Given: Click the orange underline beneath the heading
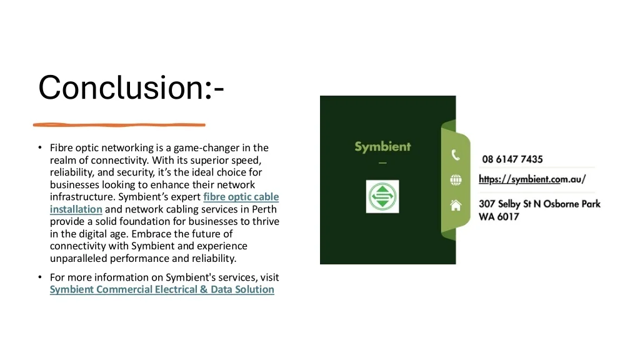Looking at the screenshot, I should (x=119, y=124).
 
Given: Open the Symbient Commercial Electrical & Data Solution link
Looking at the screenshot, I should (x=162, y=289).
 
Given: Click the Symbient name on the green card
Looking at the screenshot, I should (x=382, y=147).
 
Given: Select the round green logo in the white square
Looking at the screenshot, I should (x=382, y=197).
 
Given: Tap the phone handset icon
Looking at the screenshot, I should (x=456, y=155).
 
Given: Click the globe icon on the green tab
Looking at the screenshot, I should (x=456, y=180).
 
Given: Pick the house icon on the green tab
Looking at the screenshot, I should (x=456, y=204).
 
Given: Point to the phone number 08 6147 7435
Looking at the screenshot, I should (x=512, y=159).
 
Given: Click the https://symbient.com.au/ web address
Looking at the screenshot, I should (x=532, y=179).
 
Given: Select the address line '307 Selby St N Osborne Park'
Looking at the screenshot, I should (x=539, y=204).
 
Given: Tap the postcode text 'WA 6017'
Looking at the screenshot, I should (x=499, y=217).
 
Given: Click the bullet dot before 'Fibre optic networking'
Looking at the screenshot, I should (x=39, y=148).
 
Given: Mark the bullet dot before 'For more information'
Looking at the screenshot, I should (x=39, y=277).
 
